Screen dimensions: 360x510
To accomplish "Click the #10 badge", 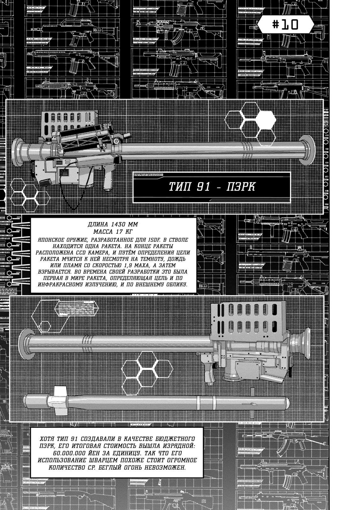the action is (x=285, y=24).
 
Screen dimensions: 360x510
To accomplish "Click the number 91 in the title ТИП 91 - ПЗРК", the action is (x=203, y=187).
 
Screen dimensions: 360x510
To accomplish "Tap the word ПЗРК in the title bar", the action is (x=241, y=187).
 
